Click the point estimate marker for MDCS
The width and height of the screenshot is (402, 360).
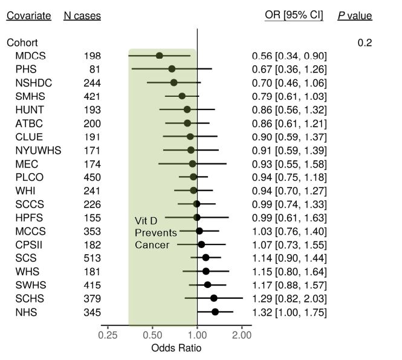160,56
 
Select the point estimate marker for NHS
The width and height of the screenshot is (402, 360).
215,312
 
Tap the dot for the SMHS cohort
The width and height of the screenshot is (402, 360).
182,96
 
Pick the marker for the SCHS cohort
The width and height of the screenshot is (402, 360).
213,298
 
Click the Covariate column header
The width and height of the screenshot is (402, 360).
28,16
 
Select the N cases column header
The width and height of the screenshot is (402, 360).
82,16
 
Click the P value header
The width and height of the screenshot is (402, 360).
355,15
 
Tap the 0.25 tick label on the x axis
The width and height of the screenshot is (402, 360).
107,335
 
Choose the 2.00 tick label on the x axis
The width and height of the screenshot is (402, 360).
242,335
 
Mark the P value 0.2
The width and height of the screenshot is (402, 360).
365,42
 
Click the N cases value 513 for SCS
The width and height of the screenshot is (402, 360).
92,258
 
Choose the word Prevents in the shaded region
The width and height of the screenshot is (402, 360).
155,233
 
